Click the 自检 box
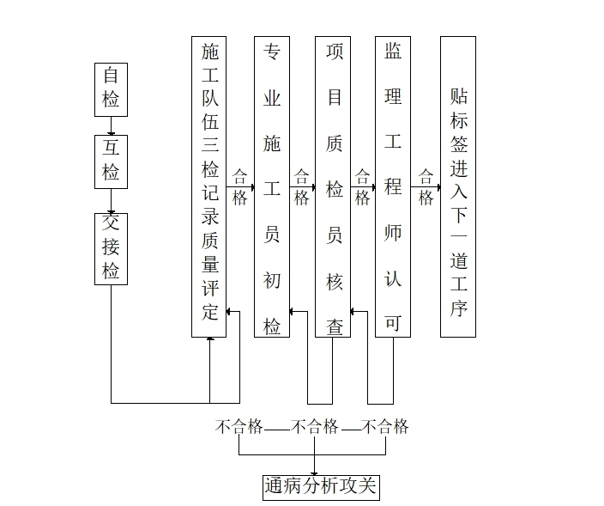pos(111,88)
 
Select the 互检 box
pos(111,161)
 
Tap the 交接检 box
pos(111,248)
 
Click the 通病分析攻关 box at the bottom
pos(320,486)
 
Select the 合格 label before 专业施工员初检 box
pos(239,186)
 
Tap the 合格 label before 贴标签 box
pos(426,186)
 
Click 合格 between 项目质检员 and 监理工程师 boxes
pos(362,186)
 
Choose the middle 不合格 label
pos(315,426)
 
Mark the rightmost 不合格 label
pos(384,426)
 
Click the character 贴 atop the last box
pos(458,94)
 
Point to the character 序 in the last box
pos(458,308)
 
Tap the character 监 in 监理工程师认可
pos(393,50)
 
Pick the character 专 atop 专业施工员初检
pos(272,51)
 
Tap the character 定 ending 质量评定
pos(209,311)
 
